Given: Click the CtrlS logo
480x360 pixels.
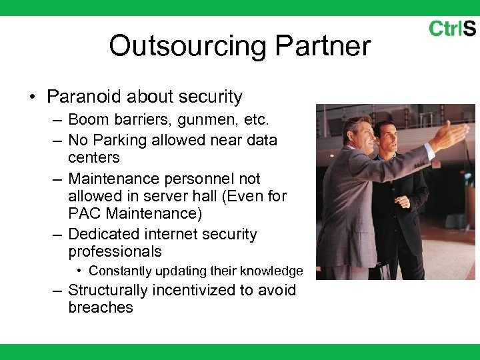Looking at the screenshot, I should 451,29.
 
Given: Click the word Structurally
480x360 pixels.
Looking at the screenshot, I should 108,290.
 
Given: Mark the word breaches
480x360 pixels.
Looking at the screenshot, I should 100,307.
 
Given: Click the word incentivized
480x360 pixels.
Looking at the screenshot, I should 200,290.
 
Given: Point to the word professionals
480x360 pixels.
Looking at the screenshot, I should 115,251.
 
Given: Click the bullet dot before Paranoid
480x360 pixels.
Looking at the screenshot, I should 32,97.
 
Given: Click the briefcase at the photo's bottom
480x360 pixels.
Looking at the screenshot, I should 385,271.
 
